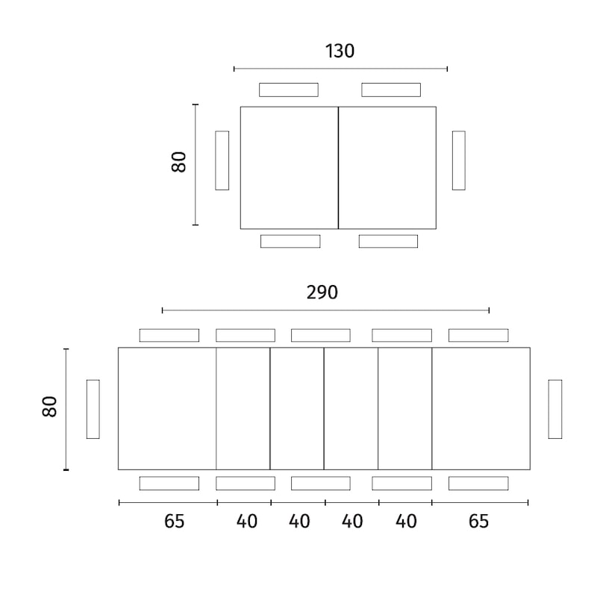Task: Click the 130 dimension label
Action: (340, 51)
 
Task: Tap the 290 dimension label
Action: (322, 293)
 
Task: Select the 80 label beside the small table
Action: (178, 162)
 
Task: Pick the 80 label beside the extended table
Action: (49, 407)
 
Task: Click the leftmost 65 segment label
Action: (174, 521)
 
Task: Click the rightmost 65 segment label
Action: (478, 521)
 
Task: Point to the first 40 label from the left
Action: (247, 521)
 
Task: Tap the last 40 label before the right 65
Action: (406, 521)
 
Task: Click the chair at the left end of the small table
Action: (222, 160)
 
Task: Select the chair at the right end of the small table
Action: (459, 160)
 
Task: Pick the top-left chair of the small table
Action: (289, 90)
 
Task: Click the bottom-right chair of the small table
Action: (388, 241)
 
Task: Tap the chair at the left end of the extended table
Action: (93, 409)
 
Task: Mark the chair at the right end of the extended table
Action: (555, 409)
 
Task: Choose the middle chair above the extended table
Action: (321, 335)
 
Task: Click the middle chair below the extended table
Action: (321, 483)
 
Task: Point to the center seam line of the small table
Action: (338, 168)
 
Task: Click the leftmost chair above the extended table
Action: (169, 335)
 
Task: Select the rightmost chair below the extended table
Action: (478, 483)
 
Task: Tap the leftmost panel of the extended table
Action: (167, 408)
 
